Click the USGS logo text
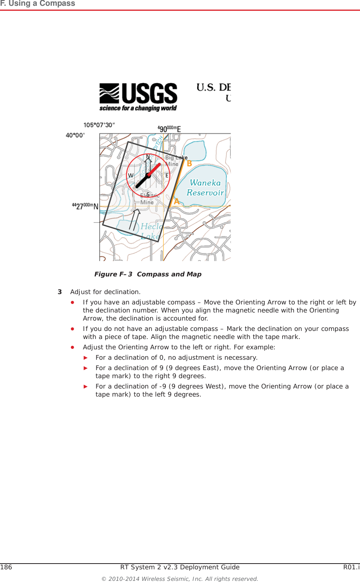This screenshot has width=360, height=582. click(x=149, y=93)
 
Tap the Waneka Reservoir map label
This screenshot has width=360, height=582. click(x=205, y=188)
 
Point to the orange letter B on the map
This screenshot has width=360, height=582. click(x=189, y=164)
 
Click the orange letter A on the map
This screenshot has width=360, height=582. click(x=177, y=201)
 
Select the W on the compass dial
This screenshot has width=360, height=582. click(x=130, y=175)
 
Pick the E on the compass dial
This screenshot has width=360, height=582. click(x=167, y=175)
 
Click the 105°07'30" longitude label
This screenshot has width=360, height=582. click(x=99, y=125)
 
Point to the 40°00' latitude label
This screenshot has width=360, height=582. click(x=75, y=135)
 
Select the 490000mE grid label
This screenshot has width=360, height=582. click(x=169, y=129)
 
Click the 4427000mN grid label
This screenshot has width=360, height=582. click(x=85, y=206)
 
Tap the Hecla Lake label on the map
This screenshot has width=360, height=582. click(x=150, y=231)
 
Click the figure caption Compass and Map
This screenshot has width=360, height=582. click(x=148, y=274)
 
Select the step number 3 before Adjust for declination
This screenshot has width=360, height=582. click(x=59, y=292)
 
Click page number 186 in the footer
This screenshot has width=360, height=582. click(x=6, y=567)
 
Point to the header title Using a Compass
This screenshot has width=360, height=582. click(x=38, y=3)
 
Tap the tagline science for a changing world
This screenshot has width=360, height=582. click(x=138, y=108)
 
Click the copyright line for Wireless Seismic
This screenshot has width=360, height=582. click(x=180, y=579)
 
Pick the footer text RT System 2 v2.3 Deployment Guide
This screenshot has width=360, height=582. click(x=180, y=567)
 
